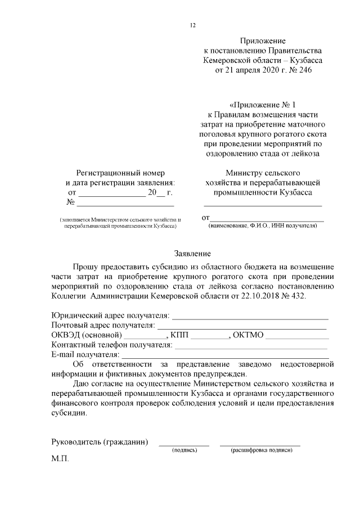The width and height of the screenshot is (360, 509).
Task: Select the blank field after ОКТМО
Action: pyautogui.click(x=297, y=337)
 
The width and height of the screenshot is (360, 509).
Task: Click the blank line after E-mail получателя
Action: pyautogui.click(x=225, y=356)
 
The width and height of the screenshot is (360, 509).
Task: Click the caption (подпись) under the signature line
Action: pyautogui.click(x=184, y=451)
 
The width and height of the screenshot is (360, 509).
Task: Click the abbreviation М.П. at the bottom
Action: pyautogui.click(x=60, y=460)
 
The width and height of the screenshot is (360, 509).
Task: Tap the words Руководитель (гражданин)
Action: pyautogui.click(x=100, y=442)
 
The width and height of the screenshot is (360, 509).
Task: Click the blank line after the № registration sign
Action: pyautogui.click(x=110, y=203)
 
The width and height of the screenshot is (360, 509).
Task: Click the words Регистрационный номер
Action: pyautogui.click(x=120, y=173)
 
